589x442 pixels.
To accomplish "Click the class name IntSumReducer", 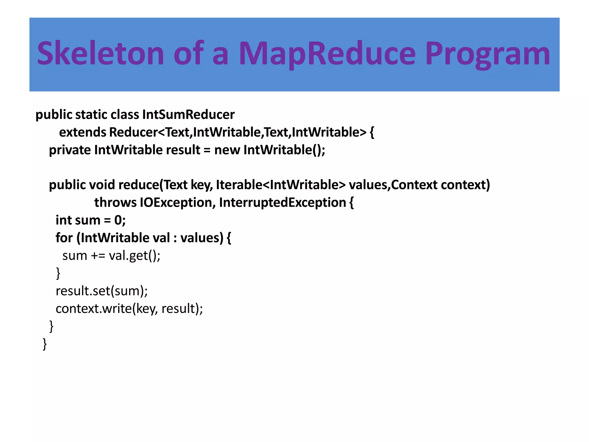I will click(188, 115).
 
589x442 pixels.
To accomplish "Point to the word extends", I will click(83, 132).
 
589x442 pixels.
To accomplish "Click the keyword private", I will click(70, 150).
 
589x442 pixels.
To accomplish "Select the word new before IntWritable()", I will click(227, 150).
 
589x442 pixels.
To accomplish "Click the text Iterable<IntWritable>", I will click(280, 185).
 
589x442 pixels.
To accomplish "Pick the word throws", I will click(115, 203).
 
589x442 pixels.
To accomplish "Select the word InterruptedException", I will click(282, 203).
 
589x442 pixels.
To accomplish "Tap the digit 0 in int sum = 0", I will click(118, 220).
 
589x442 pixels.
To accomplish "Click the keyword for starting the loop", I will click(64, 238).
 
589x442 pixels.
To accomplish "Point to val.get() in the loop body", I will click(134, 256).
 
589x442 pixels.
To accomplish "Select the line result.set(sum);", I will click(102, 291).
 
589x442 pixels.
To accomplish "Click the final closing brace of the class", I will click(45, 344).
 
